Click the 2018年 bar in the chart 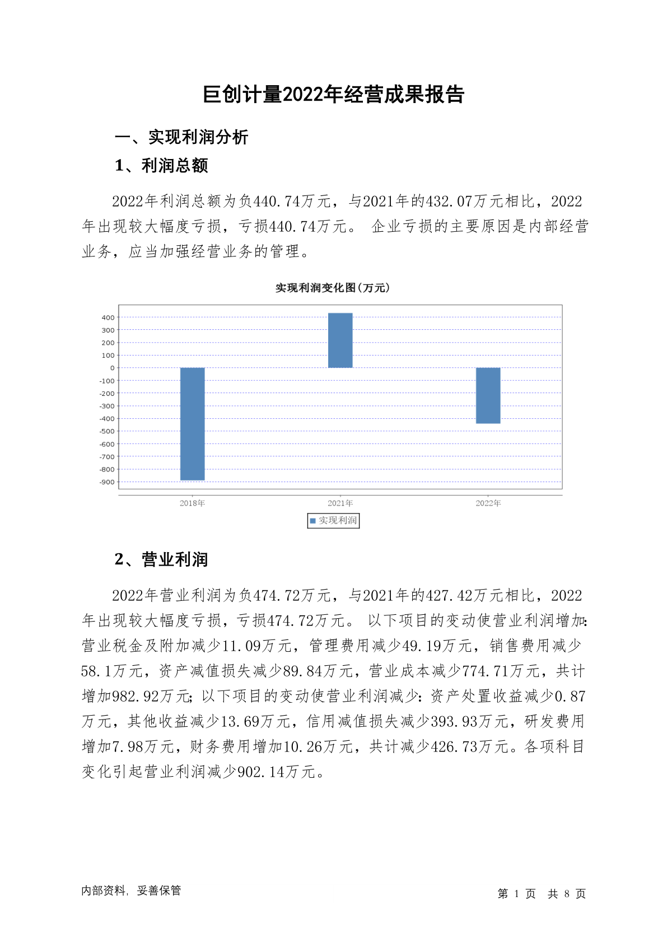[x=192, y=423]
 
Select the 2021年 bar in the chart [x=340, y=340]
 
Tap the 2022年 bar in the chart [x=488, y=395]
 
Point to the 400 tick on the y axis [x=108, y=318]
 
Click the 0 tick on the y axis [x=112, y=368]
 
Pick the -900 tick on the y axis [x=107, y=482]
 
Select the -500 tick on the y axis [x=107, y=431]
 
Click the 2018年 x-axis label [x=192, y=503]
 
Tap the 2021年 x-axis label [x=340, y=503]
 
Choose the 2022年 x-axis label [x=488, y=503]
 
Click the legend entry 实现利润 [x=334, y=520]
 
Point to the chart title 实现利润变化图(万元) [x=333, y=288]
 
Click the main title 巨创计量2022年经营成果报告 [x=333, y=94]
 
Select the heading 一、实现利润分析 [x=181, y=137]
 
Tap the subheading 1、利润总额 [x=161, y=166]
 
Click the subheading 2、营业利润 [x=161, y=559]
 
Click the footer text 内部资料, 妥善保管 [x=131, y=890]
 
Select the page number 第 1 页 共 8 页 [x=542, y=894]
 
